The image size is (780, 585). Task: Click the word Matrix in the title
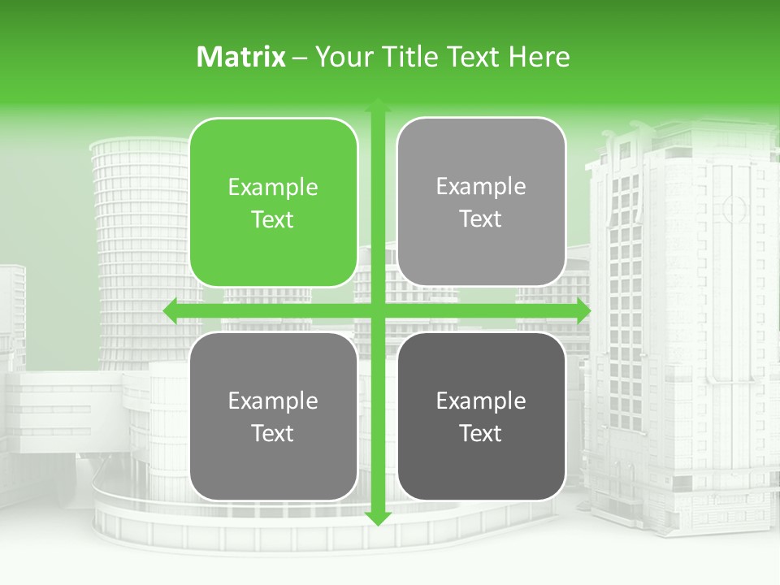(241, 57)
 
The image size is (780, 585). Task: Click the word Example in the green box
(273, 188)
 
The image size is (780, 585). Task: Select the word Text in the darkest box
(481, 433)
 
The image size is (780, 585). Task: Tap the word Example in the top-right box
(481, 187)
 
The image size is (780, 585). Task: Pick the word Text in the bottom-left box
(273, 433)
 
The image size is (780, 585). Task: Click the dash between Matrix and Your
(301, 58)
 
